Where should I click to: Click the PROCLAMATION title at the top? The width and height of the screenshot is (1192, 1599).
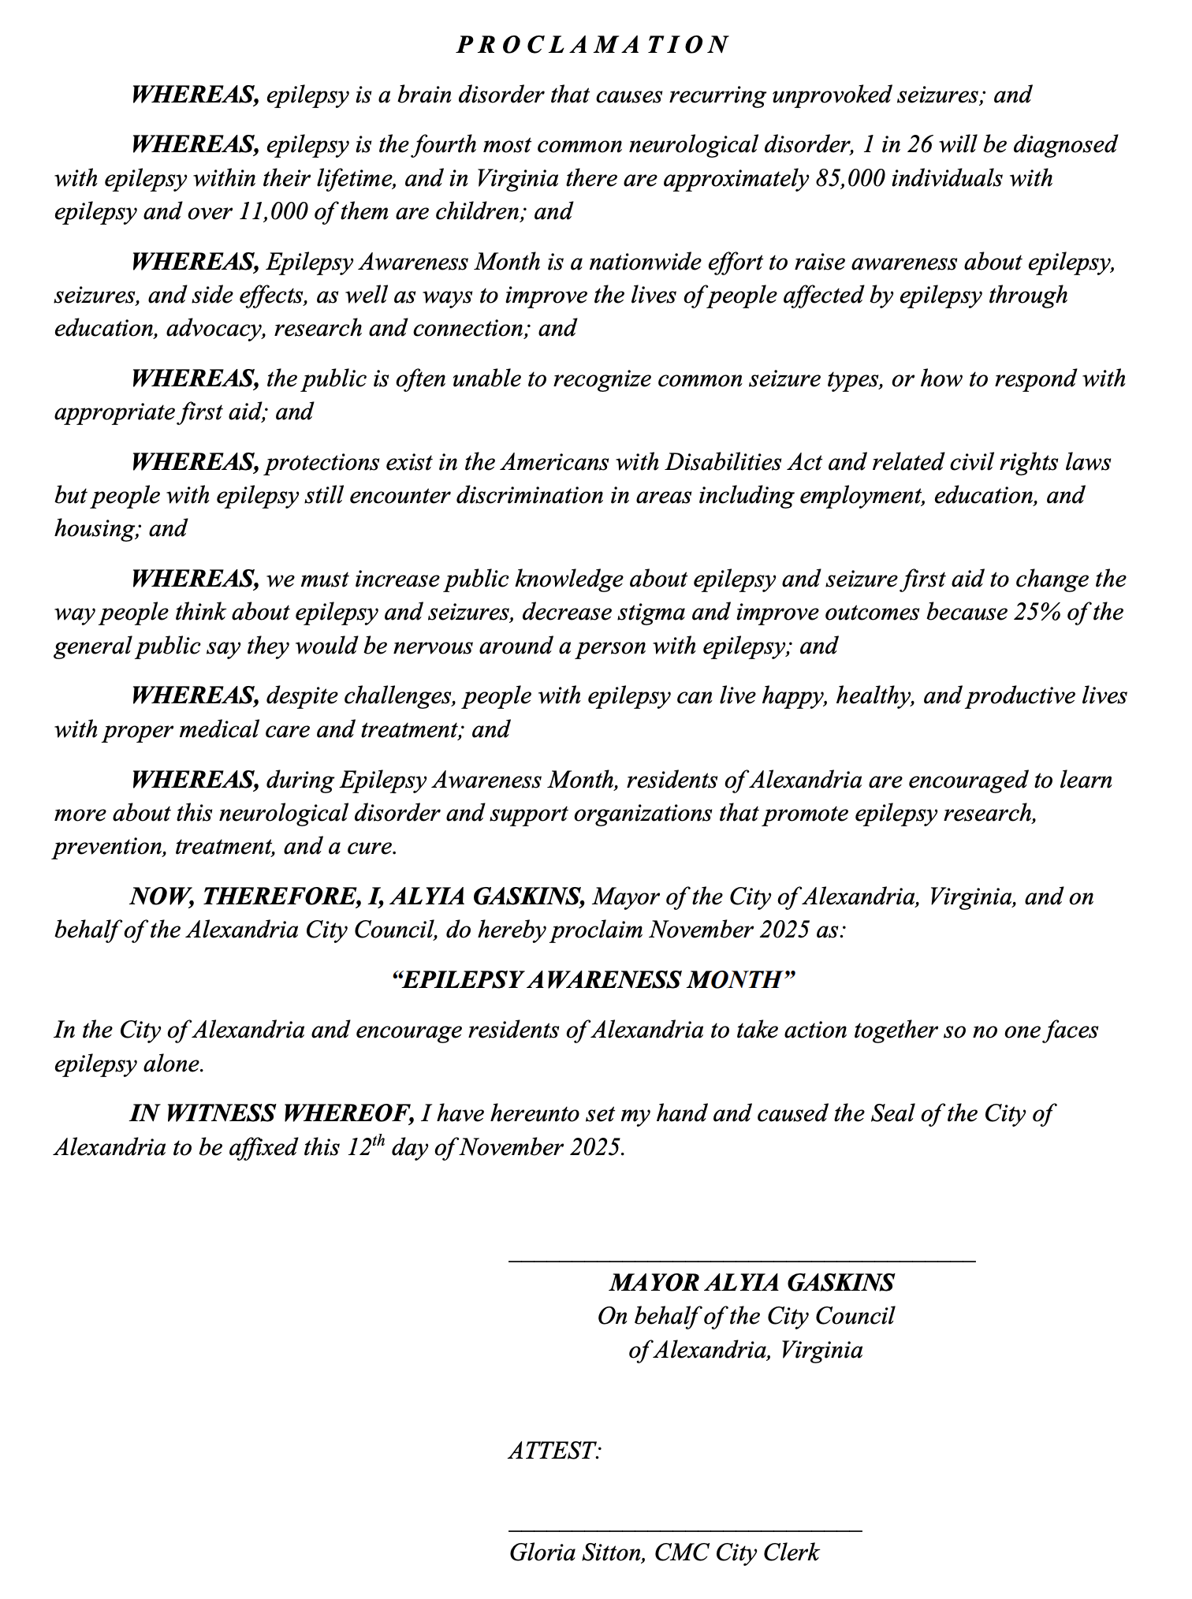point(594,45)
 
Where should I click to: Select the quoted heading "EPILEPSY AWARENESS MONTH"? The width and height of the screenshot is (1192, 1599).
point(594,980)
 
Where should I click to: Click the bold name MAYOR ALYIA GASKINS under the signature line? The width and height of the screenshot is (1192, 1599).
point(751,1283)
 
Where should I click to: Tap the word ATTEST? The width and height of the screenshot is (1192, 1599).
point(555,1451)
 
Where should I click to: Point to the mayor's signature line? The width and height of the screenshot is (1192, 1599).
point(742,1262)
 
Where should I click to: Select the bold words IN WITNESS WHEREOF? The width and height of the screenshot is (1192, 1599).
point(272,1113)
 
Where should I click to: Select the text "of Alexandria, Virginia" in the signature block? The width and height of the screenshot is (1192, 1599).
point(745,1351)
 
